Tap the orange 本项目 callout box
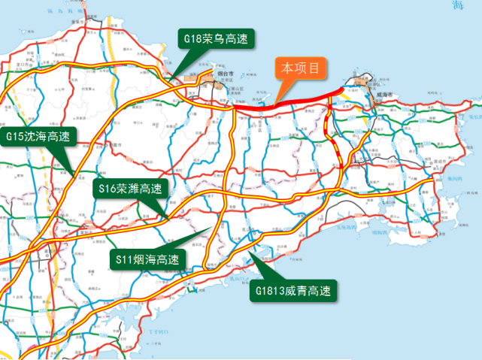point(304,68)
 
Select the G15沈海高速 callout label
point(37,136)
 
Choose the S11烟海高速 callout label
point(147,259)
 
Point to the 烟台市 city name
point(225,74)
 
